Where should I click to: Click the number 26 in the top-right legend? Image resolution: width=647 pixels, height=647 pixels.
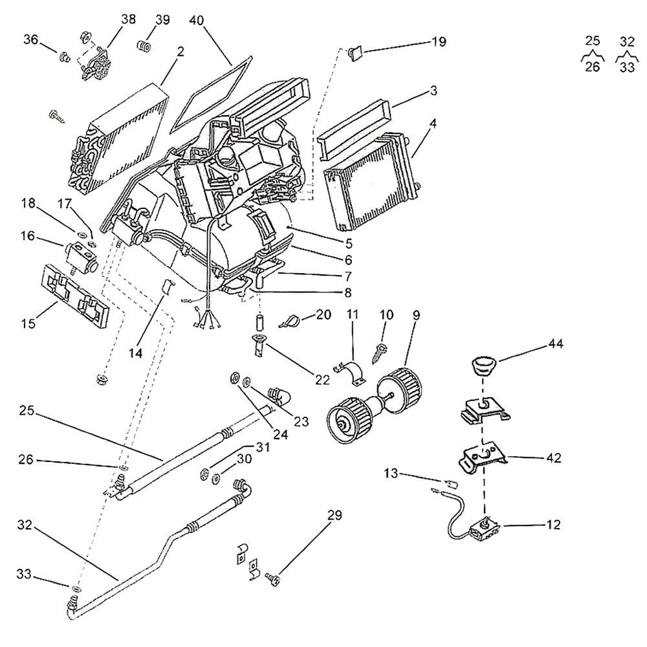[x=593, y=67]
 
